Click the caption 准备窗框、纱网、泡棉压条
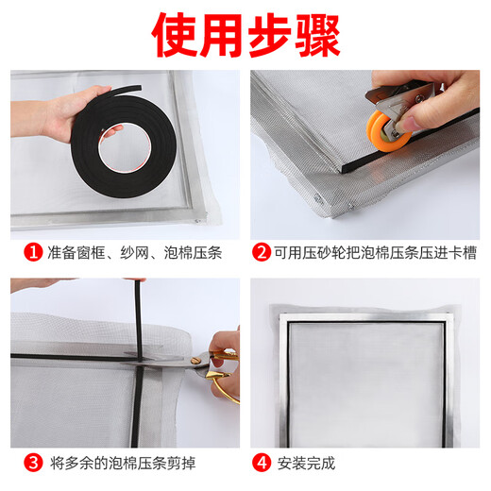coord(110,253)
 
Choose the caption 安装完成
coord(306,463)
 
